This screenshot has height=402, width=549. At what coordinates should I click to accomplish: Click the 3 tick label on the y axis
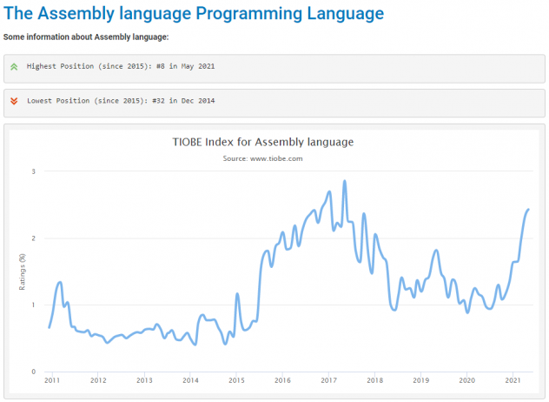tap(34, 171)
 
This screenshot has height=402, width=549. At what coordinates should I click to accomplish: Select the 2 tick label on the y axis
tap(34, 238)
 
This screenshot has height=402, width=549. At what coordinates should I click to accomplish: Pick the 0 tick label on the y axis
tap(34, 372)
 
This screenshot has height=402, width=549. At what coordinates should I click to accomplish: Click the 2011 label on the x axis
tap(51, 381)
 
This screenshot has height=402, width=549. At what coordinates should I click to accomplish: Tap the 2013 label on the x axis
tap(144, 381)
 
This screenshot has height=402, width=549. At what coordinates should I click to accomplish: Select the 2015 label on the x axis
tap(236, 381)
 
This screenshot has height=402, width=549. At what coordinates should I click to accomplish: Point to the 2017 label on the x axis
tap(328, 381)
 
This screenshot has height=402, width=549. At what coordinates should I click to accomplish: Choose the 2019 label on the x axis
tap(420, 381)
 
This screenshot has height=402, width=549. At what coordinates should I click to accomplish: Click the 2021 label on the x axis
tap(513, 381)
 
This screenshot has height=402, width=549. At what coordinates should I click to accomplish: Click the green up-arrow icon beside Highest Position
tap(13, 66)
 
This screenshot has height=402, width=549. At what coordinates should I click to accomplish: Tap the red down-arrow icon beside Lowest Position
tap(13, 101)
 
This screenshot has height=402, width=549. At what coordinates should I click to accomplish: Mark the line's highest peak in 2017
tap(345, 181)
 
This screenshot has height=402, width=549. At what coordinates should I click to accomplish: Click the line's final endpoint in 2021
tap(528, 210)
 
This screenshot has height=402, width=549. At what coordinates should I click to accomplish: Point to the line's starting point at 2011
tap(49, 327)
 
